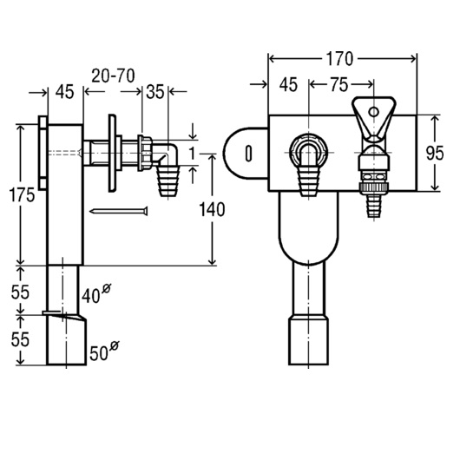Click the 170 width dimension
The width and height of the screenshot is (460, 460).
(339, 59)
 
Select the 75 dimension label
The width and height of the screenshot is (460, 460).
(338, 84)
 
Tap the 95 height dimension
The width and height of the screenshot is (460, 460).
(435, 153)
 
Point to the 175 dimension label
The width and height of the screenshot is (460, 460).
(22, 194)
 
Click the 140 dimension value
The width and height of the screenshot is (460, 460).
(212, 209)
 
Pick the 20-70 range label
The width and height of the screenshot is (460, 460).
(113, 76)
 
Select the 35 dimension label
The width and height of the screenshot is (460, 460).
(154, 92)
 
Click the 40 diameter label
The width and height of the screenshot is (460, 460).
(96, 293)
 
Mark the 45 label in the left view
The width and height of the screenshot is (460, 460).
(65, 92)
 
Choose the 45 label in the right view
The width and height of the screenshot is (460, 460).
(288, 84)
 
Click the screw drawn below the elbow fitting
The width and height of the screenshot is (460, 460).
(119, 211)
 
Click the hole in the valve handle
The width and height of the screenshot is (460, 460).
(373, 112)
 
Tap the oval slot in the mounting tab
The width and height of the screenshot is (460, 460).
(248, 153)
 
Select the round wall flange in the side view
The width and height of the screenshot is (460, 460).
(112, 153)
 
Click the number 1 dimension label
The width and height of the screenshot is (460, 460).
(192, 153)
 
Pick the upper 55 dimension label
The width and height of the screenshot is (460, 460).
(20, 292)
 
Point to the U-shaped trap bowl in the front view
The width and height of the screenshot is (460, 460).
(308, 228)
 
